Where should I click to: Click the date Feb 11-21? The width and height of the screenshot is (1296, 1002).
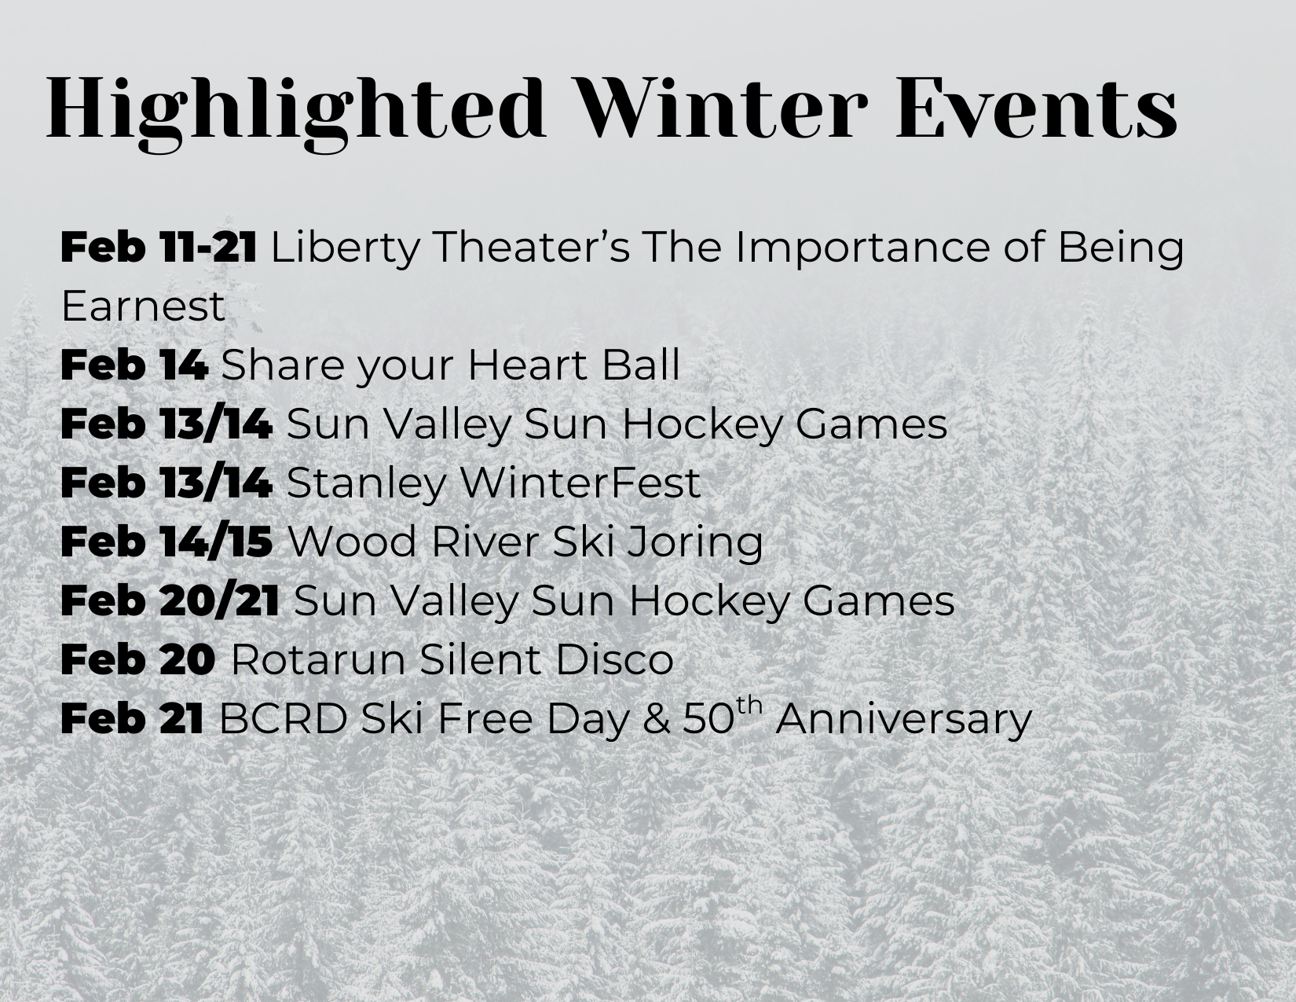tap(159, 247)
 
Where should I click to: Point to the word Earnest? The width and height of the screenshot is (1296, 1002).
tap(143, 306)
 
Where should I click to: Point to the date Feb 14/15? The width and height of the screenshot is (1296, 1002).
tap(167, 541)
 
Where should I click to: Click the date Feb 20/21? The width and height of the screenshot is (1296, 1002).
tap(170, 600)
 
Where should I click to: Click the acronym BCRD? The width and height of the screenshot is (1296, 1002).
tap(283, 718)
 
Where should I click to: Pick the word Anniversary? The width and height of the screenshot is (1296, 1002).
tap(904, 721)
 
